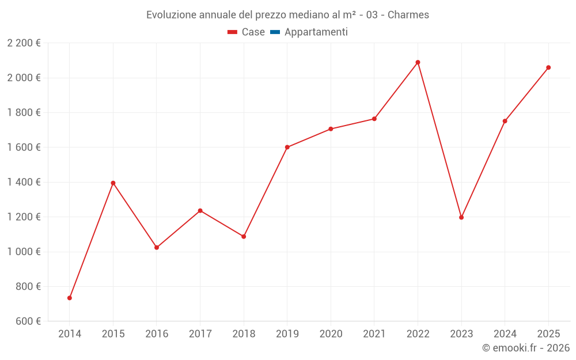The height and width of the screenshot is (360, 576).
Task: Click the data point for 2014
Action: (70, 298)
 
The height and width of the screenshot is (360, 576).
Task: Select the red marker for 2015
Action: (113, 183)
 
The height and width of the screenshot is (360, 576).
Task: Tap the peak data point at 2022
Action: (418, 62)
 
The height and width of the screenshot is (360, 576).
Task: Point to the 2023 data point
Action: (461, 217)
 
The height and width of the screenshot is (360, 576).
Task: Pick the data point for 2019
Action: (287, 147)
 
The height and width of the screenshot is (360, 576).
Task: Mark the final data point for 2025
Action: (548, 67)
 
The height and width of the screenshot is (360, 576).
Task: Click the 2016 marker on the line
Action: (157, 248)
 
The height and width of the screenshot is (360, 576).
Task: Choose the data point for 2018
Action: (244, 236)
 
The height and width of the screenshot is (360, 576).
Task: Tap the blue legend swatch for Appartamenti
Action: (275, 32)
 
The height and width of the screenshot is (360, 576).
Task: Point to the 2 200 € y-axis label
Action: (24, 43)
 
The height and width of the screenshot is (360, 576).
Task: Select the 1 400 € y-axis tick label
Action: (24, 182)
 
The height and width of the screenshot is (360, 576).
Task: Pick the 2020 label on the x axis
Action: (331, 334)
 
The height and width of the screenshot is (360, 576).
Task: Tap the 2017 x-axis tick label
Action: (200, 334)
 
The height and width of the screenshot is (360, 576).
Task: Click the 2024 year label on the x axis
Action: (505, 334)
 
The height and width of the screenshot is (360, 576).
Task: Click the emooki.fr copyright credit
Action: (525, 348)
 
